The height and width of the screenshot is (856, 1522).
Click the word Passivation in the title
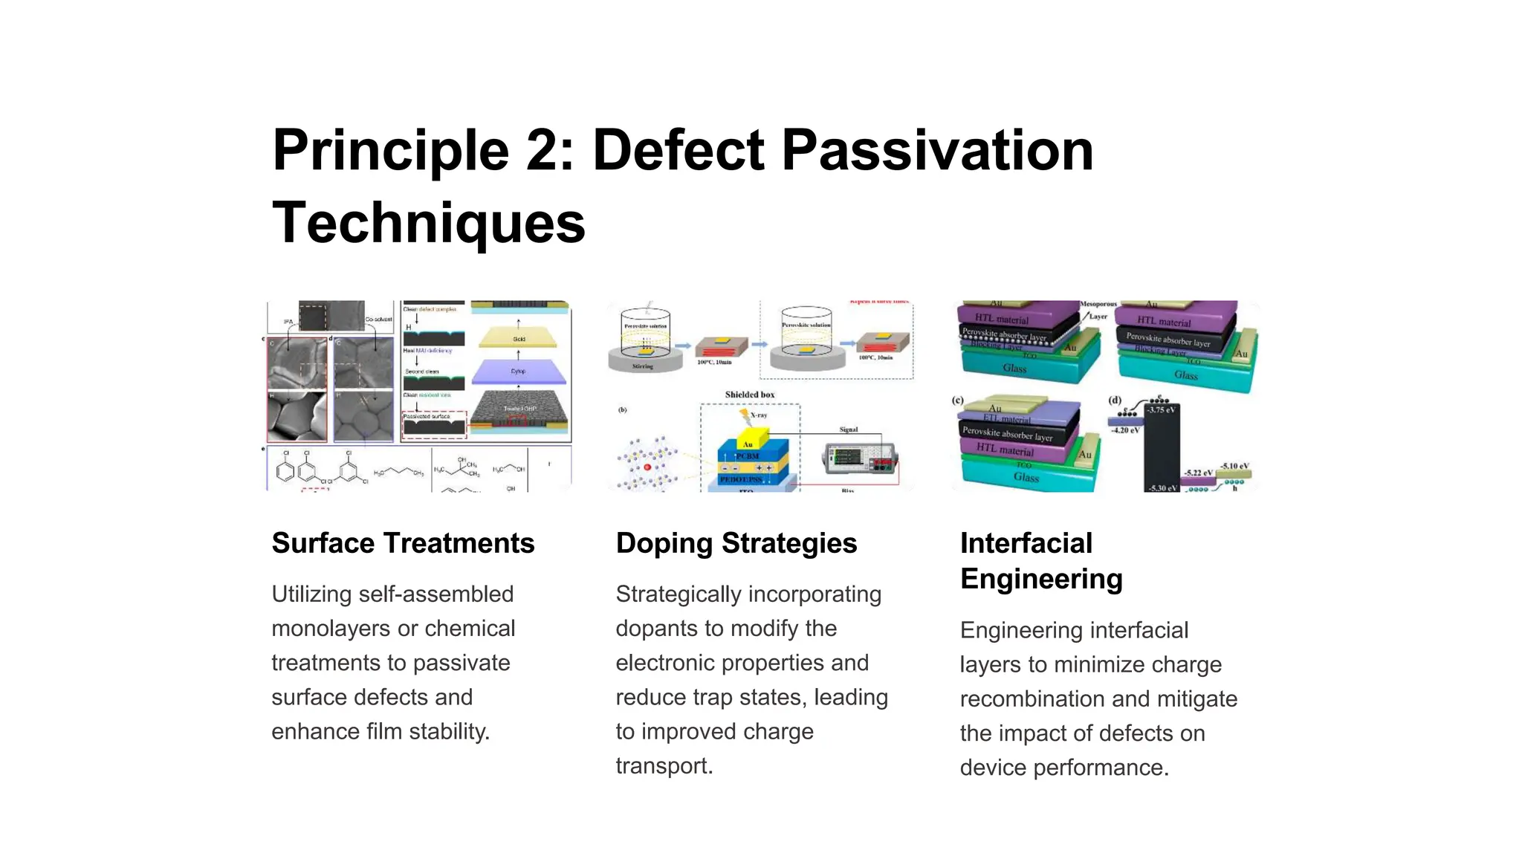tap(937, 151)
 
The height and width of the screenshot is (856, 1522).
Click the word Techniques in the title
tap(429, 223)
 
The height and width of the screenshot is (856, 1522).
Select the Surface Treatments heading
tap(403, 543)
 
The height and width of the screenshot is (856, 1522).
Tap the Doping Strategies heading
tap(736, 543)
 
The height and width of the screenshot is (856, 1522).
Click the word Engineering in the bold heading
tap(1040, 579)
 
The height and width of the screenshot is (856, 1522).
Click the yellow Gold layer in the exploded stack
tap(518, 338)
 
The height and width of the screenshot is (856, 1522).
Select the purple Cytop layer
tap(518, 370)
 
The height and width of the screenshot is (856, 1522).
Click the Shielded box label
tap(749, 395)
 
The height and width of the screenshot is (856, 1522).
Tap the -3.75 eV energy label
tap(1161, 410)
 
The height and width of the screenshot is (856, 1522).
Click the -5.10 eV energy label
tap(1234, 466)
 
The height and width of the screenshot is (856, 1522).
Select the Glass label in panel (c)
tap(1026, 477)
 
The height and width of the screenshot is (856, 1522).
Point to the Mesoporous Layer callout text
tap(1098, 310)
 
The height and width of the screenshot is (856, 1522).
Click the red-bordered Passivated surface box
tap(434, 424)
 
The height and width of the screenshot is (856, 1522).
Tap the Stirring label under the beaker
tap(642, 366)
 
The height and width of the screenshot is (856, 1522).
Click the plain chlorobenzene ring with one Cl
tap(285, 470)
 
